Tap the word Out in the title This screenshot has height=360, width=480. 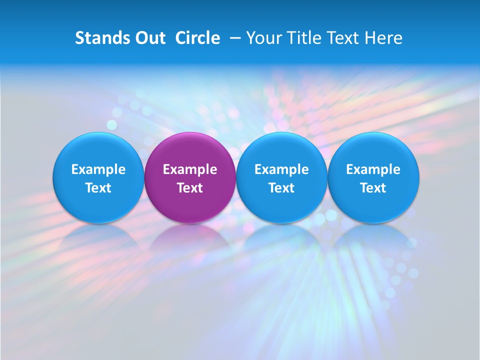149,38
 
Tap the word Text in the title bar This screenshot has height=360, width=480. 345,38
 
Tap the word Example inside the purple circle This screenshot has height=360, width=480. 190,169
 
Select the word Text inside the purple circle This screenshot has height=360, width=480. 190,188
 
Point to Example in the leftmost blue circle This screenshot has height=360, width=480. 98,169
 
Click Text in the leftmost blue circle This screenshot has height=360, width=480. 98,188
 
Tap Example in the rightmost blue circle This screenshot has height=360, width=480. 373,169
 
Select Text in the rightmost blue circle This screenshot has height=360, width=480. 373,188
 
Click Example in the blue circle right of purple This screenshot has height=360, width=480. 281,169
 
